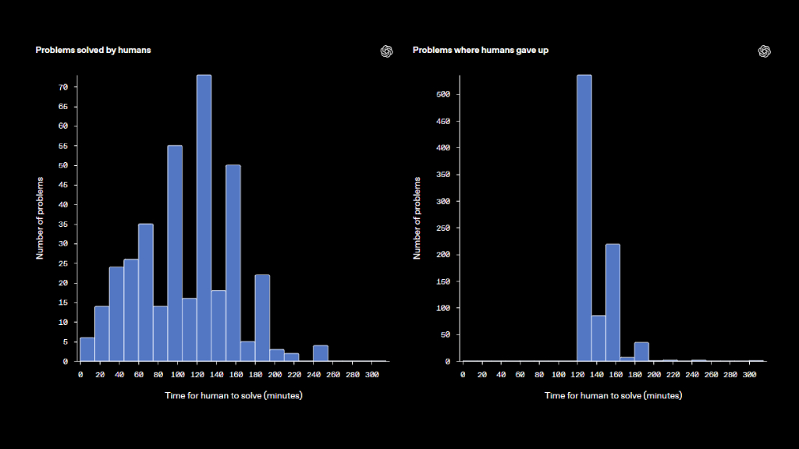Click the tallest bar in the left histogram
pyautogui.click(x=204, y=218)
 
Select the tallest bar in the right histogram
pyautogui.click(x=584, y=218)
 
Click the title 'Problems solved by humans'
pyautogui.click(x=94, y=50)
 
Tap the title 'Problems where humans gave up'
pyautogui.click(x=481, y=50)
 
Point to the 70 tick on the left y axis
pyautogui.click(x=63, y=87)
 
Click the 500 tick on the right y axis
pyautogui.click(x=443, y=94)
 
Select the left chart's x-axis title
pyautogui.click(x=233, y=395)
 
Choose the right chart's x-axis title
pyautogui.click(x=613, y=395)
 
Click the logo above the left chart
pyautogui.click(x=387, y=51)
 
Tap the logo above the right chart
pyautogui.click(x=765, y=51)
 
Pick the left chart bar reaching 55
pyautogui.click(x=175, y=253)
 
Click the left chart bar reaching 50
pyautogui.click(x=233, y=263)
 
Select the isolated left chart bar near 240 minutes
pyautogui.click(x=321, y=353)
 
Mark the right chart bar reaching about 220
pyautogui.click(x=613, y=303)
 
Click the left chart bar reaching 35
pyautogui.click(x=146, y=293)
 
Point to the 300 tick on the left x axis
pyautogui.click(x=372, y=375)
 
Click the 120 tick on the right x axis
pyautogui.click(x=577, y=375)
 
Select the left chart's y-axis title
pyautogui.click(x=40, y=218)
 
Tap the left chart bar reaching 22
pyautogui.click(x=262, y=318)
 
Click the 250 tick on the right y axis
pyautogui.click(x=443, y=228)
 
